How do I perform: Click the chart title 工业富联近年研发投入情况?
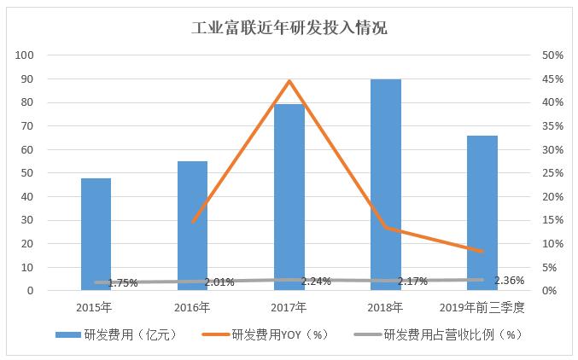point(289,28)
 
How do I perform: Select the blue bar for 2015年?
point(96,234)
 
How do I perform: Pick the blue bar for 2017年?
point(289,196)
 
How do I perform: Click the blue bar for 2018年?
point(386,184)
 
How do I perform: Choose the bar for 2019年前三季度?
point(482,212)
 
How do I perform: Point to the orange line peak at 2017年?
point(289,81)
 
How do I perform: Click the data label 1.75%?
point(124,282)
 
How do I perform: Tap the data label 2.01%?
point(219,282)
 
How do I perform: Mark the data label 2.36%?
point(509,280)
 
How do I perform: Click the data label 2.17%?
point(412,282)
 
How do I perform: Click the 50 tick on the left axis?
point(27,173)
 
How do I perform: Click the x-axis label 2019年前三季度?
point(482,306)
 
